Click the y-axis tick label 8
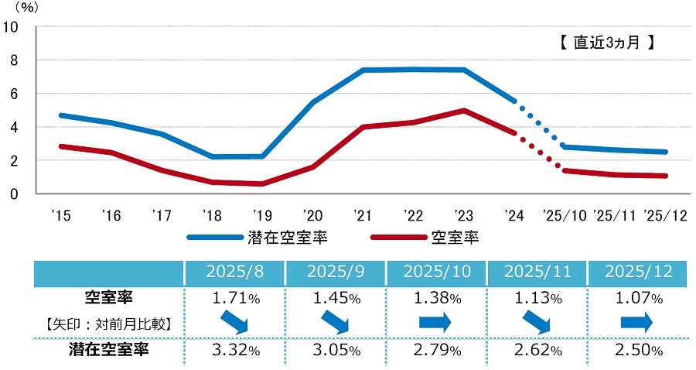13,60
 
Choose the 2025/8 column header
234,273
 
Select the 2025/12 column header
638,273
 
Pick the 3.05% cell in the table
335,351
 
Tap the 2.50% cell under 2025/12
638,351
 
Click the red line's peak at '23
462,110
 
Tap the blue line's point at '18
213,157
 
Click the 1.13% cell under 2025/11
537,297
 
